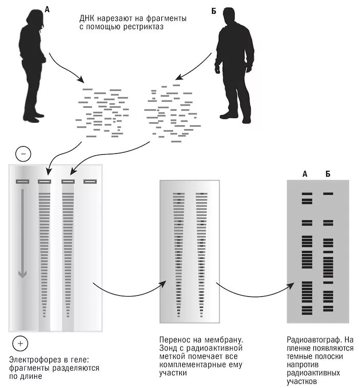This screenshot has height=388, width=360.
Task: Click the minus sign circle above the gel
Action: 24,153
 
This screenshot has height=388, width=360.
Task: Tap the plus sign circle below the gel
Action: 20,343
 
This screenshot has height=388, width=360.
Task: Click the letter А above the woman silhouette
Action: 47,9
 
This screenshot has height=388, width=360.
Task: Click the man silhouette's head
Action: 235,19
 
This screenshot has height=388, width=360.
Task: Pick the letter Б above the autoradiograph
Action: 328,174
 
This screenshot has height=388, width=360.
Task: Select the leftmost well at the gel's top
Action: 22,181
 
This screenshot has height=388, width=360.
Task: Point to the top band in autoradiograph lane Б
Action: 328,194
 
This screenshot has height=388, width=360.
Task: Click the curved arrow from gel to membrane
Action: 128,297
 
